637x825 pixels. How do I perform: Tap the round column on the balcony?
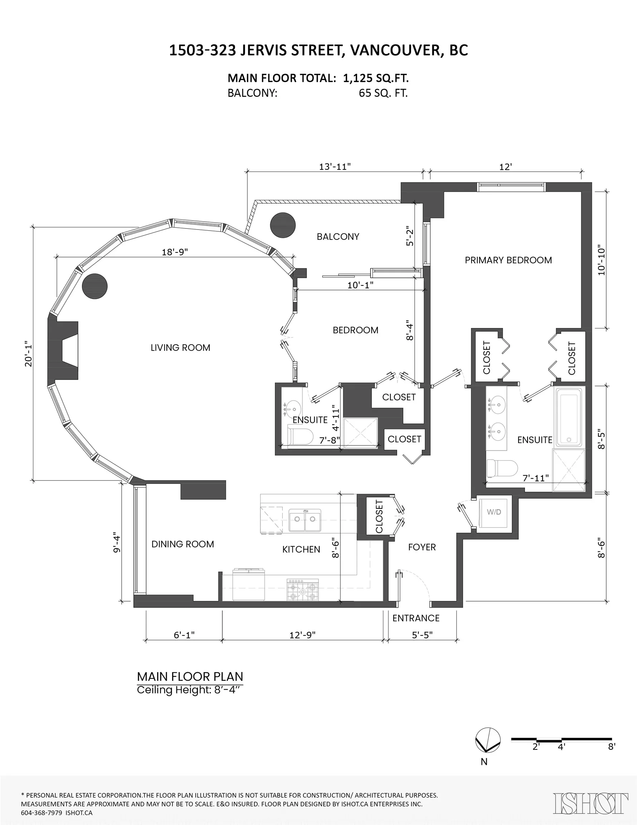283,225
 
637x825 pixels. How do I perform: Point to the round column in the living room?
95,286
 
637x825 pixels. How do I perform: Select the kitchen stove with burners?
302,590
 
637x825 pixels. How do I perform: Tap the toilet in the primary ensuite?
502,468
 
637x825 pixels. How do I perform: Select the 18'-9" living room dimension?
175,252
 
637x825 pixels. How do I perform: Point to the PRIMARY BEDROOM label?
508,260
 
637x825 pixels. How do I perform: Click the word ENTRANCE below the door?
416,618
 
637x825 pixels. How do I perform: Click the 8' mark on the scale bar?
611,747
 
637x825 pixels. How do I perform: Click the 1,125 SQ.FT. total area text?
376,78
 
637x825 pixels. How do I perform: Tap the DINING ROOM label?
183,544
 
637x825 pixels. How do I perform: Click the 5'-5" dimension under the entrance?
422,635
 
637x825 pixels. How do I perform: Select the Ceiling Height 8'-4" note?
189,690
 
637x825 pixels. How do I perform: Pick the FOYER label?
422,547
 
